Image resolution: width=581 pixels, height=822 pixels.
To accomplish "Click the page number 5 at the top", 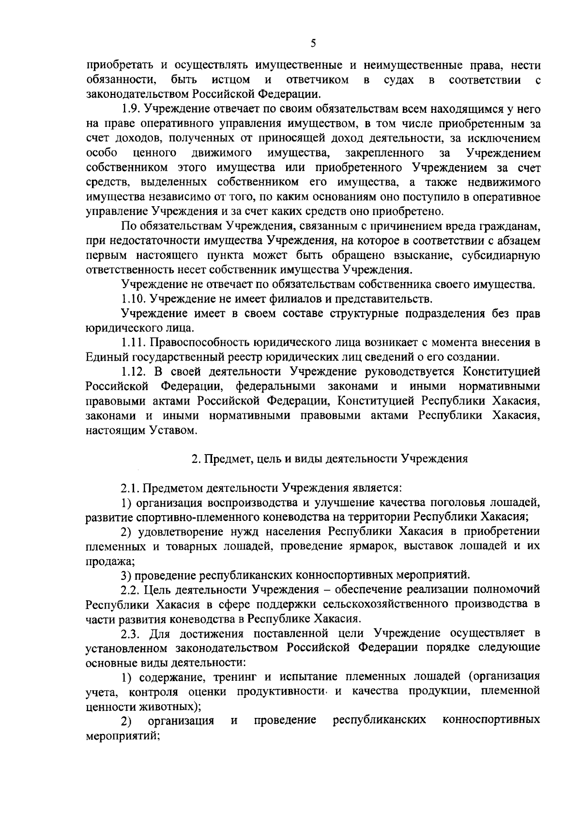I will point(313,44).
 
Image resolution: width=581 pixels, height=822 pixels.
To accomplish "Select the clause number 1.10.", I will point(132,299).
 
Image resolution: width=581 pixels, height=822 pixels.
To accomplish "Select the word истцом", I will point(231,80).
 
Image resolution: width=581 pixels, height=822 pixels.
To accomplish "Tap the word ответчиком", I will point(317,80).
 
